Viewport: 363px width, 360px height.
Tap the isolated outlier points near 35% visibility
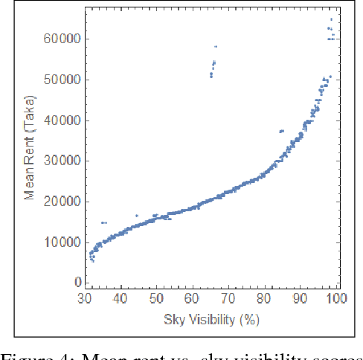click(x=103, y=222)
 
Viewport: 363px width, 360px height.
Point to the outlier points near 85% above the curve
click(x=281, y=131)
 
